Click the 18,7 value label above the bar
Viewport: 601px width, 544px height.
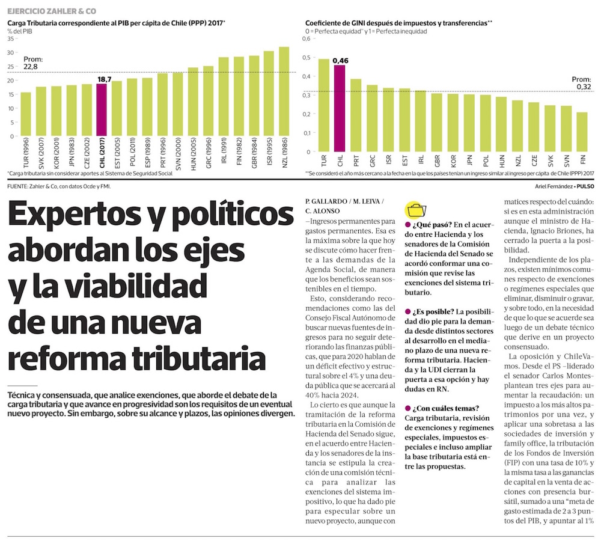coord(105,79)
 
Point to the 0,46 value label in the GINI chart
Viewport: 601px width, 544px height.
coord(340,60)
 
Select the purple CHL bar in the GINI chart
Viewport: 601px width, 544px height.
coord(340,108)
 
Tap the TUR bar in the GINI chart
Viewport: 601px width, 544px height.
coord(323,105)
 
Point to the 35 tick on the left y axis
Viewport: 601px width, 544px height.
coord(10,38)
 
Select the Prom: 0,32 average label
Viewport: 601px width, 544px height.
coord(581,82)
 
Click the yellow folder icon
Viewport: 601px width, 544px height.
coord(415,210)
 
